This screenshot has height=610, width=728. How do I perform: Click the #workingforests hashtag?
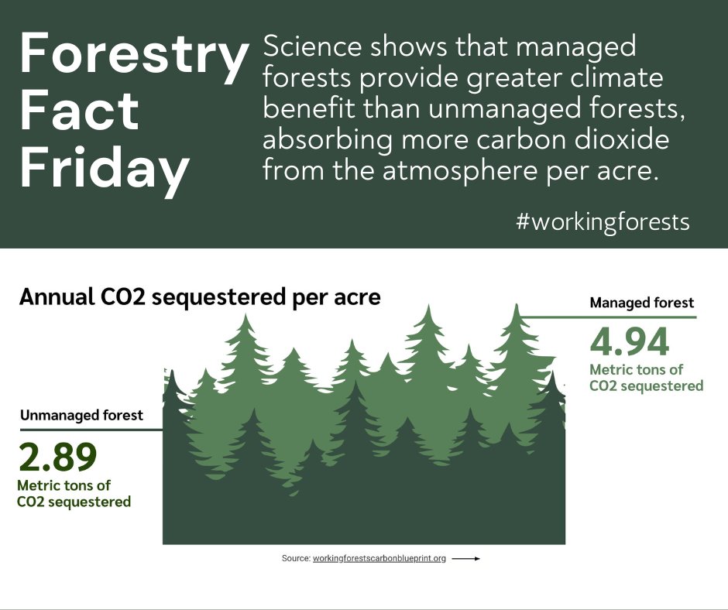click(x=603, y=223)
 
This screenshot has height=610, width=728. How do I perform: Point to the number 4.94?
click(x=629, y=343)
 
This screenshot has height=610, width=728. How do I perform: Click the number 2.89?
click(x=57, y=457)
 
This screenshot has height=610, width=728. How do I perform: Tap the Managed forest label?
click(x=642, y=303)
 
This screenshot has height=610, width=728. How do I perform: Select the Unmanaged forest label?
click(x=81, y=416)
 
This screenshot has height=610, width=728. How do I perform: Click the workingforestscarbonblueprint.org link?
click(x=379, y=558)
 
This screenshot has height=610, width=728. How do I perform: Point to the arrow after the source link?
click(x=465, y=558)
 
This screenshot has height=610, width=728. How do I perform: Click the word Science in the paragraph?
click(x=312, y=48)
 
